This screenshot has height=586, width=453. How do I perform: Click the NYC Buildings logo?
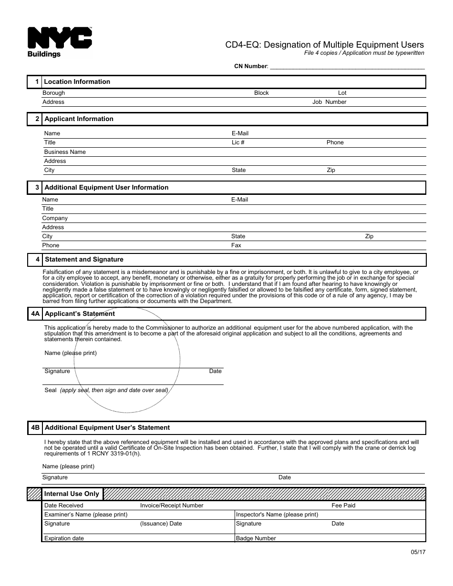[59, 42]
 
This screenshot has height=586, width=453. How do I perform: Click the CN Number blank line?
[347, 67]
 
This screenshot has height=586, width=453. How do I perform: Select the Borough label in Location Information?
[53, 93]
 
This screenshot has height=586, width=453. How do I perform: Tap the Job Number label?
[329, 102]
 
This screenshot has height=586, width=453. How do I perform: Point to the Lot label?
[342, 93]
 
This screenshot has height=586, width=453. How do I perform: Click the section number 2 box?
[35, 119]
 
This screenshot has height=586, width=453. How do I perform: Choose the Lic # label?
[238, 142]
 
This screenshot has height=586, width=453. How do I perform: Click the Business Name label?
[65, 152]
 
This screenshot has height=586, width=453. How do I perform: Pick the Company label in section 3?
[55, 218]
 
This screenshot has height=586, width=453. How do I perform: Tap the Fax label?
[236, 245]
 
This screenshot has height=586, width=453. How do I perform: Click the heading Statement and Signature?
[84, 260]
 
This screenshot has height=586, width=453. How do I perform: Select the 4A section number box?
[35, 313]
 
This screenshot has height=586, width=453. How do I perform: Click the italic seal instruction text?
[114, 390]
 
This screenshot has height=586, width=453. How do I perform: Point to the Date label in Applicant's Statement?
[215, 371]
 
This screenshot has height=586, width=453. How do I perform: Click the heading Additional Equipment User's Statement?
[107, 428]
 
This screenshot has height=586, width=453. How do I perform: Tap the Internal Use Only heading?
[72, 494]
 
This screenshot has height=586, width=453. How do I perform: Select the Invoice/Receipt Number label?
[172, 505]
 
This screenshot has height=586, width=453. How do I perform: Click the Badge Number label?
[256, 538]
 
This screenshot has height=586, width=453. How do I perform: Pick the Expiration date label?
[64, 538]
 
